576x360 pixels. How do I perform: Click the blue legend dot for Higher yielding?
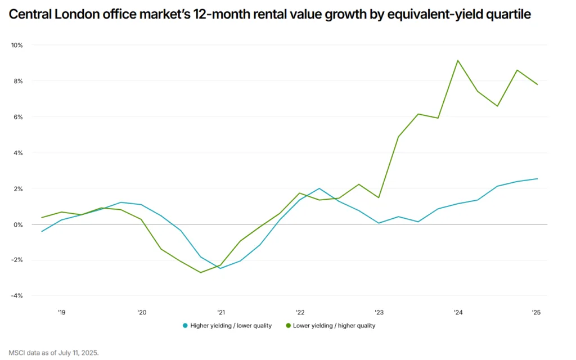185,326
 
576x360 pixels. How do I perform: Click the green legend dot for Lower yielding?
289,326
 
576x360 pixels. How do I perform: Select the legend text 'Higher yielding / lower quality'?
231,326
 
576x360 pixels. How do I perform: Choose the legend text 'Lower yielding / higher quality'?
334,326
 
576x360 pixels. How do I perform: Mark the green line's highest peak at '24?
458,60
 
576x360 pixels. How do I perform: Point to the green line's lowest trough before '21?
200,273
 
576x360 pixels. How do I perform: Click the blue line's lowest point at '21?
220,268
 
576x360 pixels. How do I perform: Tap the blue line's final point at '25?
537,179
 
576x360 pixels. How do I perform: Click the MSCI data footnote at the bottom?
53,353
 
